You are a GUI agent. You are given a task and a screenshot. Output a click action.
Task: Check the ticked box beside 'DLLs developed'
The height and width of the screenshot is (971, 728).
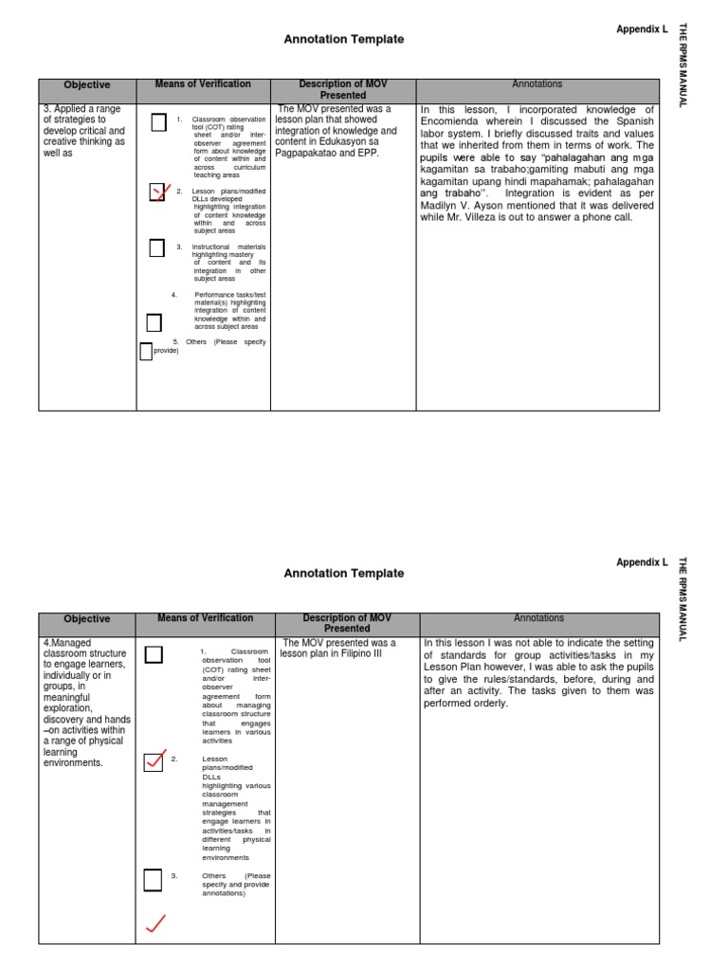pyautogui.click(x=158, y=193)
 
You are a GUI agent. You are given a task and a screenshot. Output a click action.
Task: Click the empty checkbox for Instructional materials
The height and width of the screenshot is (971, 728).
pyautogui.click(x=157, y=248)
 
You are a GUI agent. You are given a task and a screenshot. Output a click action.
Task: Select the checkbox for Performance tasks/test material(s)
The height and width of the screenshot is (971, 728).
pyautogui.click(x=154, y=323)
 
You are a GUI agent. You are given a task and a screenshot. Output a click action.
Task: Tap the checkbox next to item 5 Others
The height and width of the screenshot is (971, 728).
pyautogui.click(x=146, y=352)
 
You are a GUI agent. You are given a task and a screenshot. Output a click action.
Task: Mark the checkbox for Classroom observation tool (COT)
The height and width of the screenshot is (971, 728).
pyautogui.click(x=158, y=121)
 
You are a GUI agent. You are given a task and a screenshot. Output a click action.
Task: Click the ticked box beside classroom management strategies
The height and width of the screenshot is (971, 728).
pyautogui.click(x=154, y=761)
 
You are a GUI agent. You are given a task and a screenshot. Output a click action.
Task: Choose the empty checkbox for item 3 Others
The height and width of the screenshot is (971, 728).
pyautogui.click(x=153, y=881)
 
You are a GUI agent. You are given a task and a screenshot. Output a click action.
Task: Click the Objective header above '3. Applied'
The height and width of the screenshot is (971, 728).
pyautogui.click(x=86, y=85)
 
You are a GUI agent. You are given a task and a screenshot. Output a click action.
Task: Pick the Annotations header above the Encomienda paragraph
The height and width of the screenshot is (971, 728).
pyautogui.click(x=537, y=84)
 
